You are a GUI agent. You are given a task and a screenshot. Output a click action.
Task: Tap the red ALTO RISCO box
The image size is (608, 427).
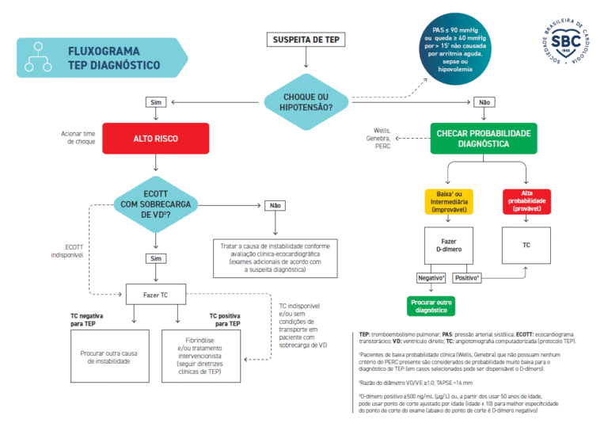pos(155,139)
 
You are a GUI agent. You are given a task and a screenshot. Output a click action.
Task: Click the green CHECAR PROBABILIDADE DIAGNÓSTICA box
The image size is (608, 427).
pos(483,139)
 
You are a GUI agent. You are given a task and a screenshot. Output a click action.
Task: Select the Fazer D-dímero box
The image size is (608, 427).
pos(448,246)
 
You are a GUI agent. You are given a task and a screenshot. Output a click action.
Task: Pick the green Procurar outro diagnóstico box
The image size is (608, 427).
pos(432,305)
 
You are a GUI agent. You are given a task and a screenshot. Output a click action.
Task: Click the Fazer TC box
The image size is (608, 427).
pos(155,295)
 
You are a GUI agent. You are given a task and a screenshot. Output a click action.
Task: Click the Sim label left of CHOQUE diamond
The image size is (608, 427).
pos(155,101)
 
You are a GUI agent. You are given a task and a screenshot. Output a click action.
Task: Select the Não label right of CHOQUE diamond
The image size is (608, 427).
pos(483,101)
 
